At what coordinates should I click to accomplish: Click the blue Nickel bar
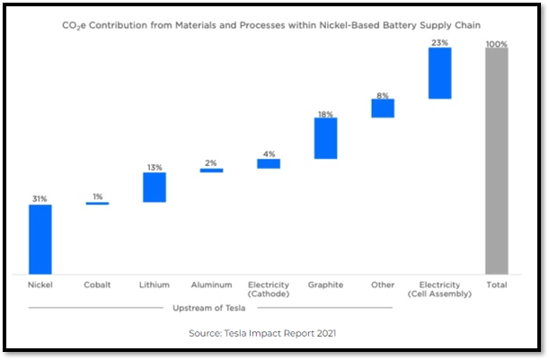click(x=40, y=239)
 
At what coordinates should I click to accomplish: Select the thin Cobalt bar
click(x=97, y=204)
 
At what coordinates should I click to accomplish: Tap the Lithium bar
click(x=155, y=187)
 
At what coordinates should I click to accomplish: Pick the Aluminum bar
click(x=211, y=170)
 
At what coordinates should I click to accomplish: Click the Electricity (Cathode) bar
click(x=268, y=163)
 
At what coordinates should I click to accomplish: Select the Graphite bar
click(x=325, y=138)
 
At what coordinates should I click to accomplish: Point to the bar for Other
click(x=383, y=108)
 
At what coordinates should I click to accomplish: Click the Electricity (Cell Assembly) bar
click(x=439, y=72)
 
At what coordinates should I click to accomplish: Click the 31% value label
click(x=40, y=198)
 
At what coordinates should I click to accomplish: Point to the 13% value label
click(x=155, y=166)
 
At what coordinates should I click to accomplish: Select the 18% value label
click(x=325, y=114)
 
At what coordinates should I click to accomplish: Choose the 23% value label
click(x=439, y=42)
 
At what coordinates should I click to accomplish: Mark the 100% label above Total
click(x=496, y=42)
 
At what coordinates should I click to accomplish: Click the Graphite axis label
click(x=325, y=285)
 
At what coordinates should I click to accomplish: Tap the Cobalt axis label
click(x=97, y=285)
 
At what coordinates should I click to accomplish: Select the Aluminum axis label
click(x=211, y=285)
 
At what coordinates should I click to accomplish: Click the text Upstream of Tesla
click(x=210, y=308)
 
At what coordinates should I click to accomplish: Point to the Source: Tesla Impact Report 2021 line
click(x=261, y=332)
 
